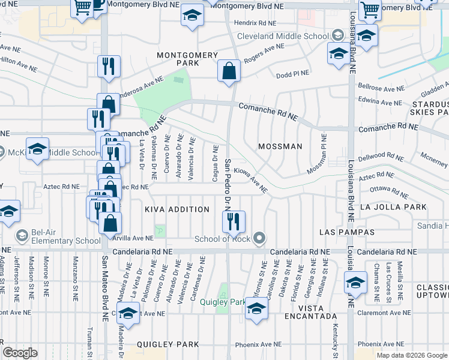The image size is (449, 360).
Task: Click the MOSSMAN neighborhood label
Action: pyautogui.click(x=279, y=146)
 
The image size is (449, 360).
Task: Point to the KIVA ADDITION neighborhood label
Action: pyautogui.click(x=177, y=209)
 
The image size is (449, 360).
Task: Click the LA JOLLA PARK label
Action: pyautogui.click(x=393, y=207)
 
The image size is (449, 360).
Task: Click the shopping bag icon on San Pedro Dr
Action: pyautogui.click(x=229, y=71)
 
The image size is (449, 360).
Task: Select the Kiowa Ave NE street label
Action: pyautogui.click(x=250, y=180)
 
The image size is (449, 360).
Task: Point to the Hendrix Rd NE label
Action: pyautogui.click(x=255, y=23)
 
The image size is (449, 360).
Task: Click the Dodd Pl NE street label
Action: pyautogui.click(x=292, y=74)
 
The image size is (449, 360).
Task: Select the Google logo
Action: pyautogui.click(x=20, y=353)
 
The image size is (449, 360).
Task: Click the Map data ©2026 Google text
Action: pyautogui.click(x=411, y=355)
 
